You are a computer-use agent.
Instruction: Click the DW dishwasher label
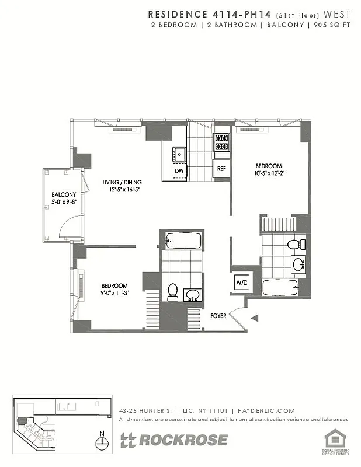179,170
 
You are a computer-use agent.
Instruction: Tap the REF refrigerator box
221,168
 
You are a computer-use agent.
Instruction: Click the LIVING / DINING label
122,182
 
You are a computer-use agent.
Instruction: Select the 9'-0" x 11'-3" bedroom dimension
114,293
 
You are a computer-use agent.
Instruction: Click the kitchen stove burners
221,140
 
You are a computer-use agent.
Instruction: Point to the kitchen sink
179,154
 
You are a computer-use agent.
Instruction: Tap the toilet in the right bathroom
296,244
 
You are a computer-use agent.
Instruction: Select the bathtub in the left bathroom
182,240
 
